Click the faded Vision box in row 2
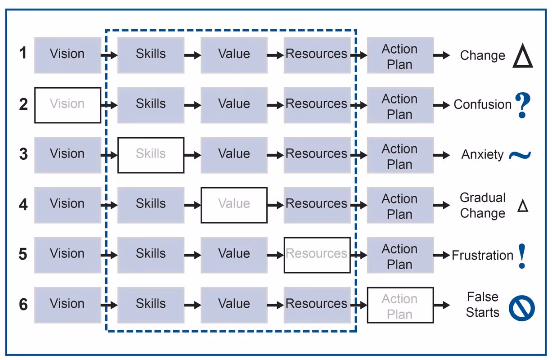tap(67, 105)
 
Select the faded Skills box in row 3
tap(151, 155)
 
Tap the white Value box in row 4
tap(234, 205)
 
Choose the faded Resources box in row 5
tap(317, 255)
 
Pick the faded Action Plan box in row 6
tap(400, 305)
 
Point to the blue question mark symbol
tap(522, 105)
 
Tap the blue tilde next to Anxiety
tap(520, 155)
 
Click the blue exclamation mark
tap(522, 256)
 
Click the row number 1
tap(23, 54)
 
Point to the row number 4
tap(23, 205)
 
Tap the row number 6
tap(23, 305)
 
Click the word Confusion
tap(482, 105)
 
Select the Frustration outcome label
tap(482, 255)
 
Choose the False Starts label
tap(482, 305)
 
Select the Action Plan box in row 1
tap(400, 55)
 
